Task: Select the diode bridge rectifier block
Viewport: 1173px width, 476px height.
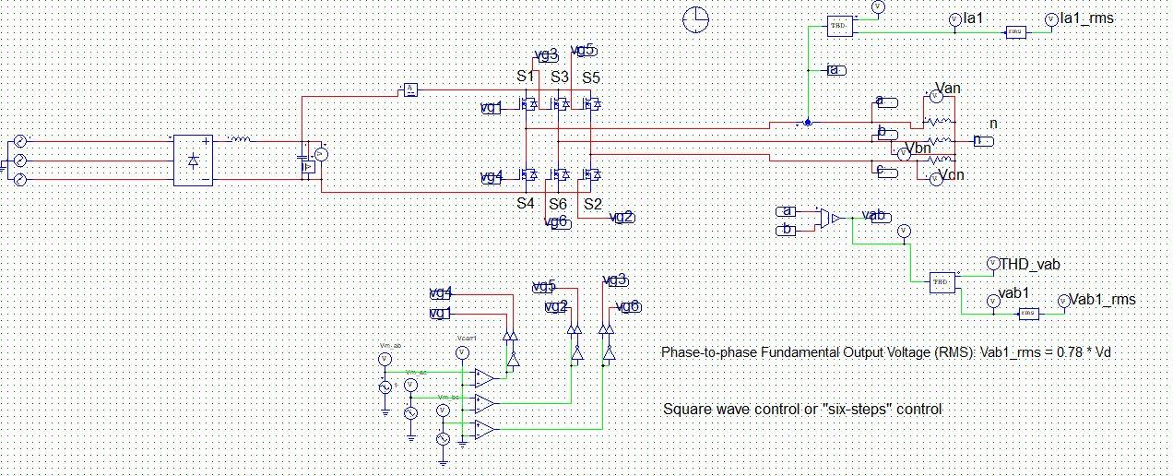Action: [193, 161]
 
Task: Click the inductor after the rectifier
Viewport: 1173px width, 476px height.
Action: [239, 140]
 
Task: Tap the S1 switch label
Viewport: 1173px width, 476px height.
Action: [526, 77]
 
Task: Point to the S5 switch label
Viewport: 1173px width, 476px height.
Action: [590, 77]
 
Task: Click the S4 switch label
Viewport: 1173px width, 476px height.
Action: [526, 203]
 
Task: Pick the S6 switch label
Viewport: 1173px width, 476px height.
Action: [558, 203]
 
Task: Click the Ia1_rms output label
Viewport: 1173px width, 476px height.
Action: [1092, 18]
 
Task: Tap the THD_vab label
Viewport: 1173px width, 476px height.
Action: [1029, 265]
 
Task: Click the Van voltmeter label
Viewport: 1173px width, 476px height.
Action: [948, 88]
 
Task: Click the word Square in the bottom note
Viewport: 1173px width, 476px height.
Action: [687, 409]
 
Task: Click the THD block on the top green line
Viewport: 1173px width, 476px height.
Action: [839, 26]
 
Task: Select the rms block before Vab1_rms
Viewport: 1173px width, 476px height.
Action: [1028, 314]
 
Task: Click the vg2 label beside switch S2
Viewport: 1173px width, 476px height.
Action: [623, 217]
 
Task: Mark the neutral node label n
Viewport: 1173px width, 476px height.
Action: [993, 124]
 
